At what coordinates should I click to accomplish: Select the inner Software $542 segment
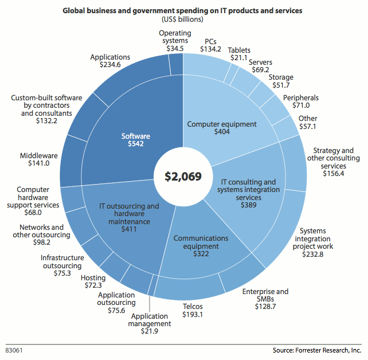point(136,140)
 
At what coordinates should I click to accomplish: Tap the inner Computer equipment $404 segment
point(221,128)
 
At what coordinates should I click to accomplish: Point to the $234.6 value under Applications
point(110,65)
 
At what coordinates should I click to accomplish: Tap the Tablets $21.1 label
point(239,54)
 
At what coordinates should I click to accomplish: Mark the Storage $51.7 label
point(281,81)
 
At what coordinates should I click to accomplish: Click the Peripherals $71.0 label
point(300,101)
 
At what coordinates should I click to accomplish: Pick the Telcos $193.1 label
point(192,311)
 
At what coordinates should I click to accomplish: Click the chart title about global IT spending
point(183,11)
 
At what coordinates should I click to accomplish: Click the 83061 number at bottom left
point(15,349)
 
